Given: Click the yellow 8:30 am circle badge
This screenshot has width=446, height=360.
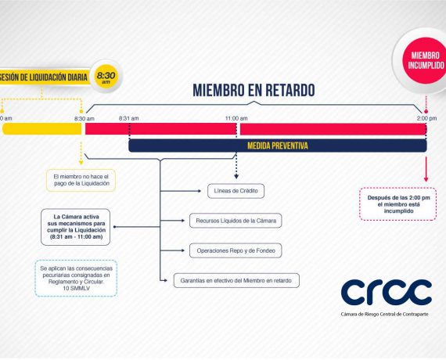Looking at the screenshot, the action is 106,77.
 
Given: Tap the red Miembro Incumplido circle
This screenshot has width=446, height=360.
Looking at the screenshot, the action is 425,60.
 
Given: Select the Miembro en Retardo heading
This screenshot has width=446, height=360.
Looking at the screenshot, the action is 254,90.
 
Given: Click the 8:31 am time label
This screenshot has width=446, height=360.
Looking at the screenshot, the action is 129,118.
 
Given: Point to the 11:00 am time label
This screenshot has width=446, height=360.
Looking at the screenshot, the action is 236,118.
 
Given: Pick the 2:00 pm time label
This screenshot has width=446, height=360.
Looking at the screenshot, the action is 426,118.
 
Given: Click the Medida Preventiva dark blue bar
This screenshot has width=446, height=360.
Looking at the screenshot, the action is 278,146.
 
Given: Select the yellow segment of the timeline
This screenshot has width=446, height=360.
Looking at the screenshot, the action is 42,129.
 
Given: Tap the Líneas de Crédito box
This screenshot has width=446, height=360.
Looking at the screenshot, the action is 236,191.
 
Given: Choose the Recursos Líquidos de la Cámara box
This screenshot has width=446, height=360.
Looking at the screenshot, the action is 236,221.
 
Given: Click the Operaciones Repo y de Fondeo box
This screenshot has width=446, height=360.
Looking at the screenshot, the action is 236,250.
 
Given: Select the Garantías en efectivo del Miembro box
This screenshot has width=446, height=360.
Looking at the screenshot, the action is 236,281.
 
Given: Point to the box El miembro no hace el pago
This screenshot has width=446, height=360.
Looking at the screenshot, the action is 81,180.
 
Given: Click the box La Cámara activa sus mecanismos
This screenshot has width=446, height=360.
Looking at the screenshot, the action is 76,227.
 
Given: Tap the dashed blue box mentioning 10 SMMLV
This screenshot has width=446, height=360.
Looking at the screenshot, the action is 76,278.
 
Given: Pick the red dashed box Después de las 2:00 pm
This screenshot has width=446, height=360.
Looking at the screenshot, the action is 398,204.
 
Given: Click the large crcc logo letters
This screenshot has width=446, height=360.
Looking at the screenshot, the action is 387,292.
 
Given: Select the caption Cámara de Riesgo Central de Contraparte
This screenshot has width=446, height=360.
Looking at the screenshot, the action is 384,314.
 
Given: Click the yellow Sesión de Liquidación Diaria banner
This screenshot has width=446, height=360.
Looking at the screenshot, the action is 44,77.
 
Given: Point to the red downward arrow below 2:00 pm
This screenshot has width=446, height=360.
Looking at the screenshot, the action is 426,169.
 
